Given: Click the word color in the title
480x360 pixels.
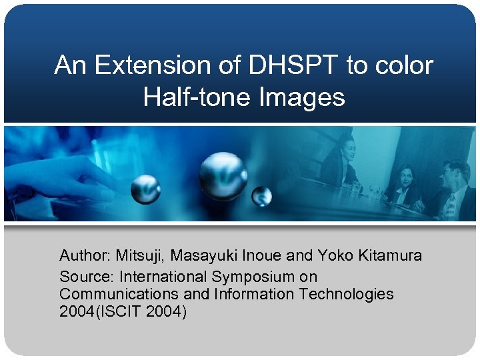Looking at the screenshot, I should (401, 65).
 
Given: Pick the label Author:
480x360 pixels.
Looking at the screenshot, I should (85, 255).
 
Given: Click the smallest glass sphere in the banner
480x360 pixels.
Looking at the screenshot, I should (262, 196).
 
